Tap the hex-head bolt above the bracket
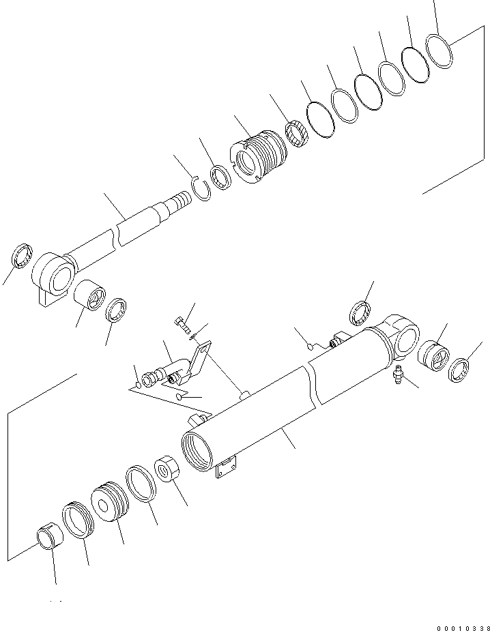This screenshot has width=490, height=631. tap(179, 321)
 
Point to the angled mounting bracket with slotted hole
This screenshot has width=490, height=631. tap(200, 361)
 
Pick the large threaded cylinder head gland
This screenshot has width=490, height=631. tap(261, 156)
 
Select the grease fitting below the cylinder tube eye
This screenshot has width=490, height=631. tap(397, 374)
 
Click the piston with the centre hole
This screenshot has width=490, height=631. tap(109, 503)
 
